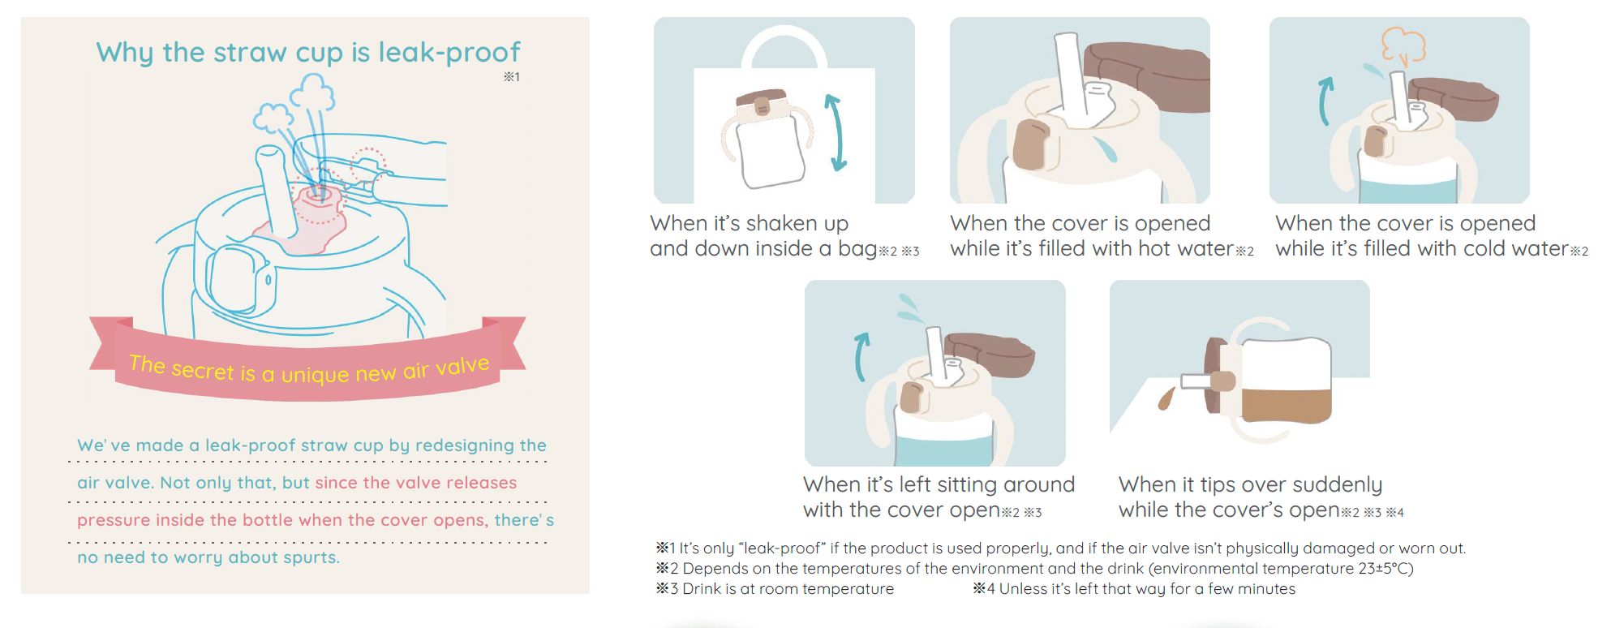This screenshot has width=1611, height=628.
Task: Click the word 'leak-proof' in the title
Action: tap(449, 52)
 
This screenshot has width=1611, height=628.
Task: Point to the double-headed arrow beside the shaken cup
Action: tap(836, 132)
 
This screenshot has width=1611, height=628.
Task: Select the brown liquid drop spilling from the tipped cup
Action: tap(1166, 398)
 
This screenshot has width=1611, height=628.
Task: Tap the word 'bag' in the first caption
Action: tap(857, 249)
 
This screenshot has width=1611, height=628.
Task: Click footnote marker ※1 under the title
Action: tap(511, 77)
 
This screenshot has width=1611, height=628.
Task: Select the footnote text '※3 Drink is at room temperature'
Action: tap(775, 589)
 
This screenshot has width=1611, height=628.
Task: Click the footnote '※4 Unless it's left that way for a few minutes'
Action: tap(1134, 589)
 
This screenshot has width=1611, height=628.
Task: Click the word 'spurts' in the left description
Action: tap(311, 557)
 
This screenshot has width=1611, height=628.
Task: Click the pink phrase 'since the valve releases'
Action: tap(416, 483)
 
